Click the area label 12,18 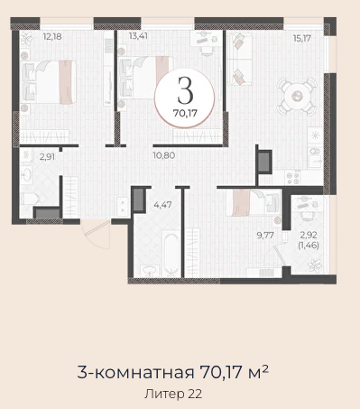tap(52, 37)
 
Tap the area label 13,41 tap(138, 36)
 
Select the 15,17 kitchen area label tap(302, 38)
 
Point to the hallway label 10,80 tap(164, 155)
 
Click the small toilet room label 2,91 tap(47, 156)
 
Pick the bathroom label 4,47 tap(162, 205)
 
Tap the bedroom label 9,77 tap(265, 235)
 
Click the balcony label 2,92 tap(309, 235)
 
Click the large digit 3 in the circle tap(185, 89)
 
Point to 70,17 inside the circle tap(185, 113)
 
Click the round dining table tap(297, 97)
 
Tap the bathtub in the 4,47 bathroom tap(171, 254)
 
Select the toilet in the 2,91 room tap(30, 199)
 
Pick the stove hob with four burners tap(292, 178)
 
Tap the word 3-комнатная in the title tap(135, 372)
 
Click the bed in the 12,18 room tap(48, 82)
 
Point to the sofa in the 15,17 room tap(240, 59)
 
